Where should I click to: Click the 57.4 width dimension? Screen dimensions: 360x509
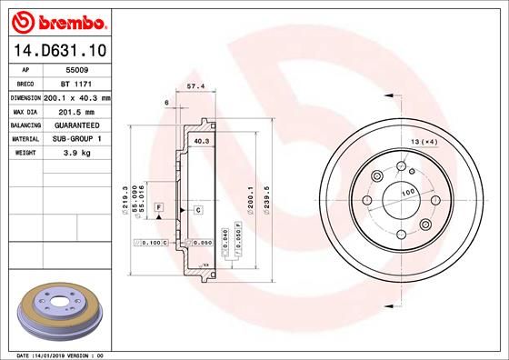click(x=194, y=86)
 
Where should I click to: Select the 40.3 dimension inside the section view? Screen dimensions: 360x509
click(x=202, y=142)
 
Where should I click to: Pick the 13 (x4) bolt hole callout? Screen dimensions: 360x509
click(x=424, y=142)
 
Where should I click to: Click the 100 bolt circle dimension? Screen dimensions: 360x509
click(x=408, y=192)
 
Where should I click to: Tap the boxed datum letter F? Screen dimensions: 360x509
click(x=158, y=208)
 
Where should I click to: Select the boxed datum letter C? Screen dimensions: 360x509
click(x=197, y=210)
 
